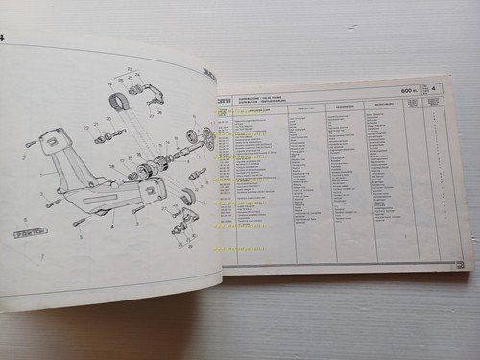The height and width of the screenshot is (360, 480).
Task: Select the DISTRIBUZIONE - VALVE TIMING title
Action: coord(268,97)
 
